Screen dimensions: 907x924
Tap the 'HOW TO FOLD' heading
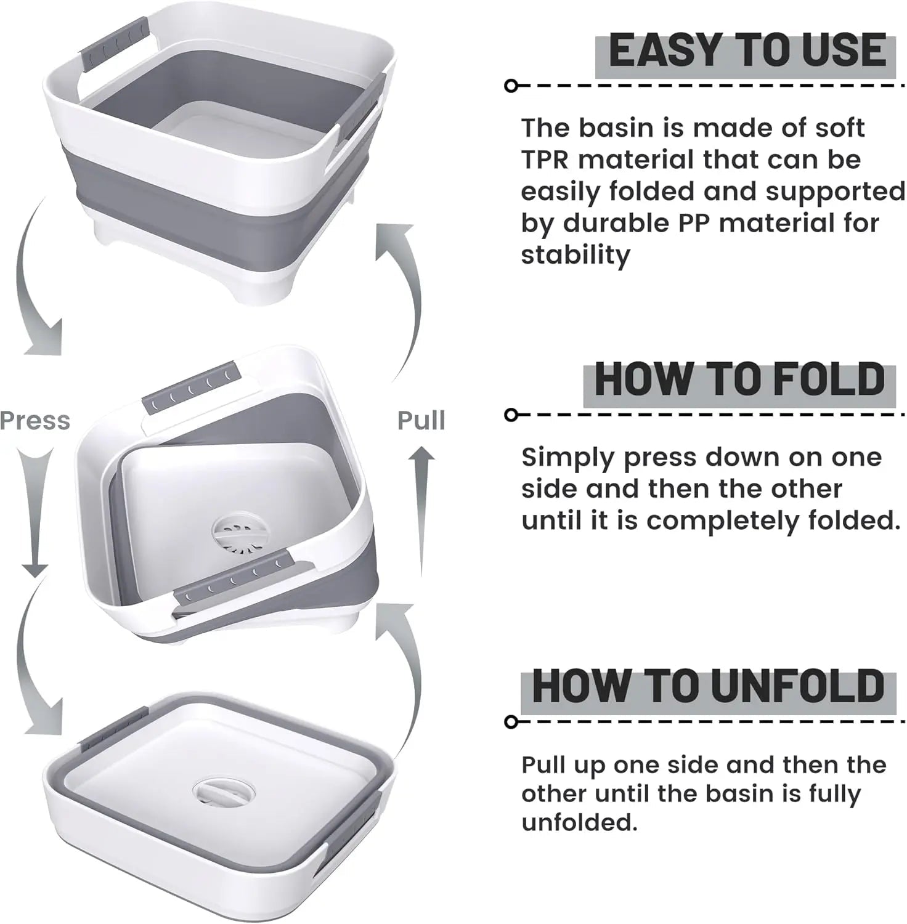pyautogui.click(x=740, y=379)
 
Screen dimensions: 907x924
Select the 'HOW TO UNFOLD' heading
pyautogui.click(x=709, y=685)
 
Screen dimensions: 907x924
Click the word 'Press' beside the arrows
pyautogui.click(x=35, y=421)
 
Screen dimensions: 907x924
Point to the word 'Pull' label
pyautogui.click(x=421, y=421)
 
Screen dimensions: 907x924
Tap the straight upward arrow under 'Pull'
pyautogui.click(x=421, y=511)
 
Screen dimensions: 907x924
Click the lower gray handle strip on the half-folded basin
pyautogui.click(x=234, y=579)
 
